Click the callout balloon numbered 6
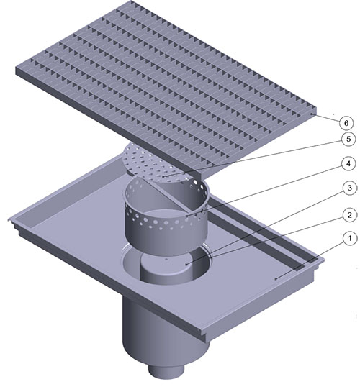coord(346,123)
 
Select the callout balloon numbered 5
coord(348,139)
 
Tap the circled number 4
coord(348,164)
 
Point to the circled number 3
coord(350,188)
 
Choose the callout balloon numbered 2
coord(349,215)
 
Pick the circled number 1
coord(350,238)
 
